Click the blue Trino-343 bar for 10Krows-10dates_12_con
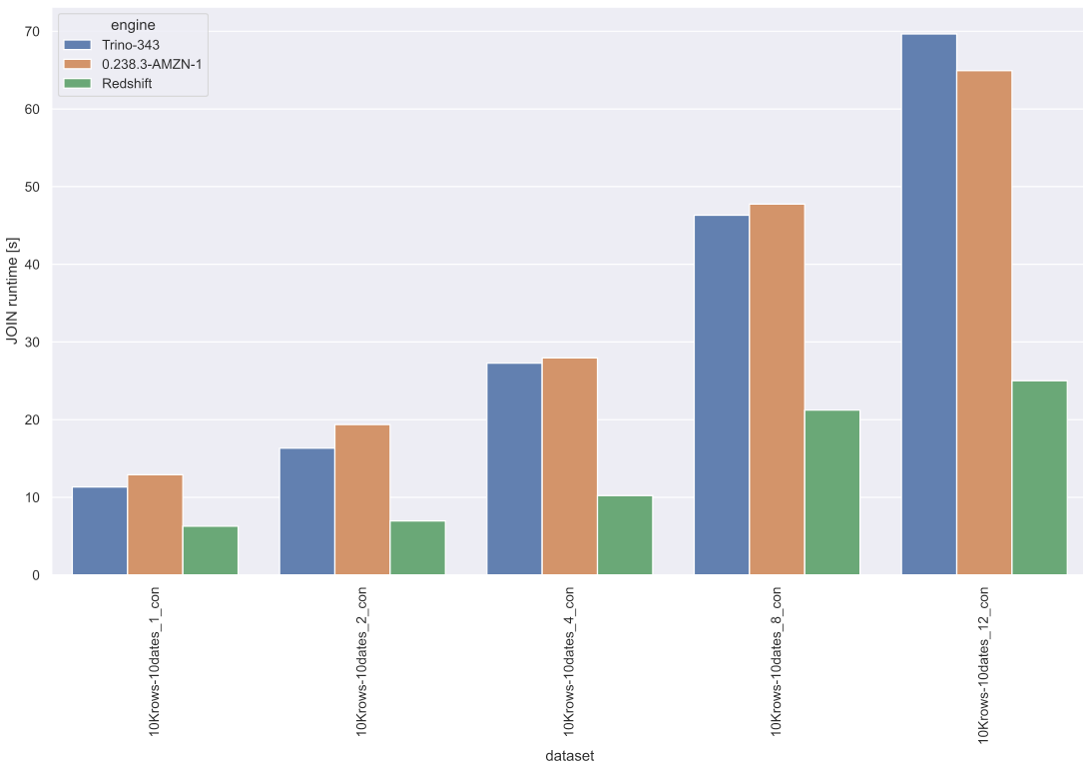coord(928,305)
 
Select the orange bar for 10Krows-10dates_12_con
coord(984,323)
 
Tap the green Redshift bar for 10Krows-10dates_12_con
coord(1039,477)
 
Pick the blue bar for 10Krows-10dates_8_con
coord(722,394)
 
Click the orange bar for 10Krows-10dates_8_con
coord(777,389)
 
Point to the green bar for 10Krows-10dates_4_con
coord(625,534)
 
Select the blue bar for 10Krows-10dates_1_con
coord(100,530)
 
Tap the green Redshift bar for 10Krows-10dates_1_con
coord(211,550)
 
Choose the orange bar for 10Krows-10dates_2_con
coord(362,499)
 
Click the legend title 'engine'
coord(133,24)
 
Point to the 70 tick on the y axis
coord(33,32)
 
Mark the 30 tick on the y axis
coord(33,343)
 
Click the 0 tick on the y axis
coord(37,575)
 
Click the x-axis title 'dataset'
coord(569,756)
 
